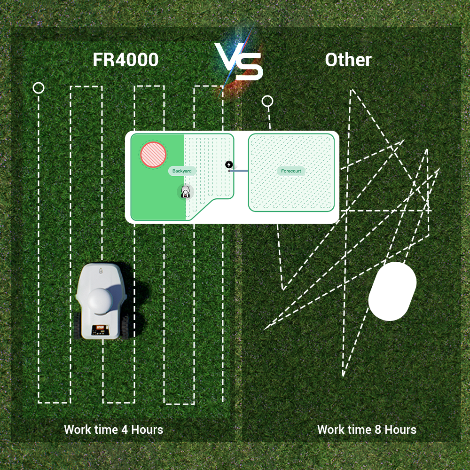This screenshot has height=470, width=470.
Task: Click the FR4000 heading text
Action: pyautogui.click(x=125, y=60)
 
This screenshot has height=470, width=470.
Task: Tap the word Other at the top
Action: pyautogui.click(x=348, y=60)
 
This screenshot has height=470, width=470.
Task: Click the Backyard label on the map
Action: pyautogui.click(x=182, y=171)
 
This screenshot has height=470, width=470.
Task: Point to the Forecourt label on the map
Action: pyautogui.click(x=291, y=171)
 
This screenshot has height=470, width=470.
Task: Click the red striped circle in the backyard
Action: pyautogui.click(x=153, y=155)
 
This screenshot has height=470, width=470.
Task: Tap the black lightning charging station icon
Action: pyautogui.click(x=229, y=164)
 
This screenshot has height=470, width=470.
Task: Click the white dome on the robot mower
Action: pyautogui.click(x=101, y=301)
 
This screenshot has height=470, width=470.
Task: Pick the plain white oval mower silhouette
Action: pyautogui.click(x=392, y=291)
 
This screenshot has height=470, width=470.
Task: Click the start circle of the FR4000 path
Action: pyautogui.click(x=39, y=88)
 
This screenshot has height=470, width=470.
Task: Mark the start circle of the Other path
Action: pyautogui.click(x=267, y=102)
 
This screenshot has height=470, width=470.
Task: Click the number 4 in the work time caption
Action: pyautogui.click(x=125, y=430)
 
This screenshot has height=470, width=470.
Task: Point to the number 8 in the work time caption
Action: pyautogui.click(x=378, y=430)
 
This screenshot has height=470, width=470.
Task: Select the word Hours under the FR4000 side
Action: pyautogui.click(x=147, y=430)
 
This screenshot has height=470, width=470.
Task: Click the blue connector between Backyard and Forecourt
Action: pyautogui.click(x=239, y=171)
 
